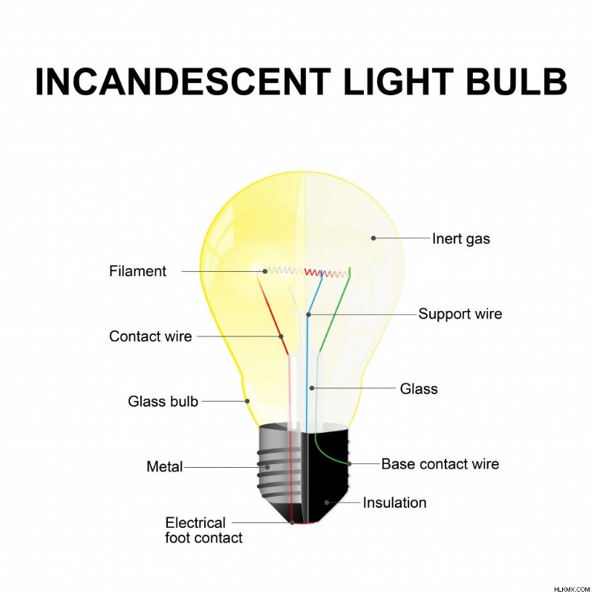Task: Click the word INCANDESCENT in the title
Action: click(x=183, y=82)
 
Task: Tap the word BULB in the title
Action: click(x=516, y=82)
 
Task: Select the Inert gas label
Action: click(x=461, y=239)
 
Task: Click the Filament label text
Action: click(x=137, y=271)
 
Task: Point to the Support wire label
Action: click(x=460, y=313)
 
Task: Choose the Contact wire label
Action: click(x=151, y=336)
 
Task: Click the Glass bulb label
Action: click(x=163, y=401)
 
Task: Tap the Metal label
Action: click(x=164, y=466)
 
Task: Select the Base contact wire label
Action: click(x=440, y=463)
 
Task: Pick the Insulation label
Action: click(x=395, y=503)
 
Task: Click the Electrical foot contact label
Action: click(x=203, y=530)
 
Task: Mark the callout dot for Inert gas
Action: click(x=373, y=238)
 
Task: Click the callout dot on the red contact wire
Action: click(x=281, y=336)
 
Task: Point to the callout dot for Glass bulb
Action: click(x=247, y=401)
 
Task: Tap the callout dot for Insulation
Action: click(x=327, y=503)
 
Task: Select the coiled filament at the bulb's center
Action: click(x=306, y=272)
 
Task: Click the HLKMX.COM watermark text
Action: click(x=572, y=590)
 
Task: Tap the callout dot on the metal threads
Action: click(x=267, y=468)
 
